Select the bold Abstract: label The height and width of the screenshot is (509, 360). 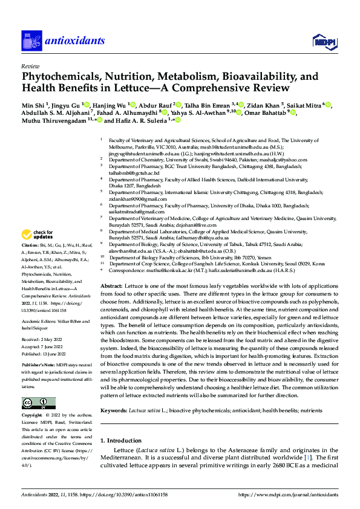111,285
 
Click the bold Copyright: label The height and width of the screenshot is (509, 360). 32,416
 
